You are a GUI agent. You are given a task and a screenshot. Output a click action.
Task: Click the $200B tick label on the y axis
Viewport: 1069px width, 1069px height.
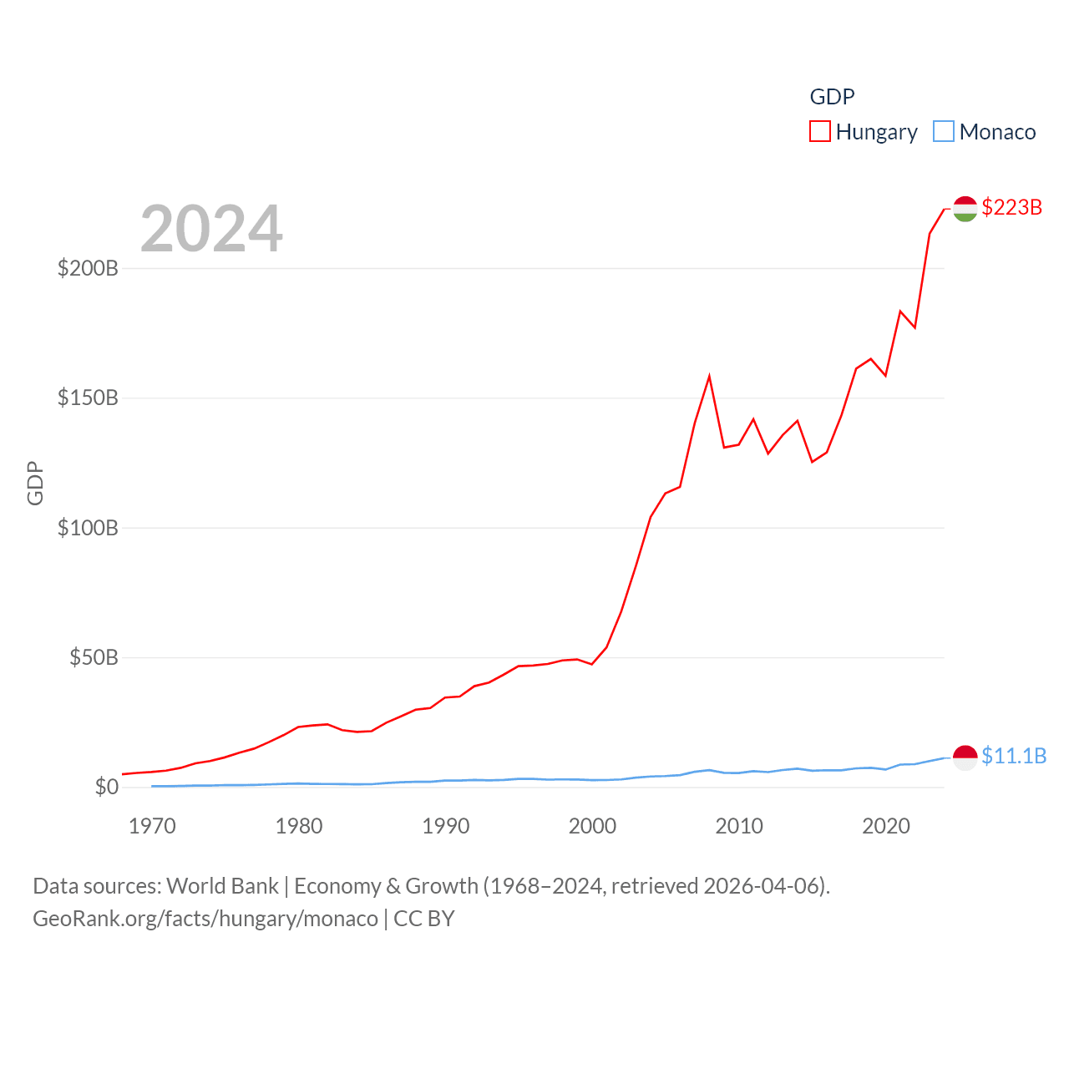[x=88, y=268]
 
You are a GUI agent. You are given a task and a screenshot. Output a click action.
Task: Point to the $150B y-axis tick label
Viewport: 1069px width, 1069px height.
[x=88, y=398]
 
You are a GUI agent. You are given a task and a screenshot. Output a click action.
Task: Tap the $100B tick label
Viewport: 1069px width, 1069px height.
[x=88, y=528]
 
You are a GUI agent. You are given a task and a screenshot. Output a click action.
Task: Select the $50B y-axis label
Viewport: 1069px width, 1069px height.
[x=94, y=657]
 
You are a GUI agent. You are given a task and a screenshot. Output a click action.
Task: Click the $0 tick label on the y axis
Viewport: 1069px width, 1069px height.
[x=106, y=787]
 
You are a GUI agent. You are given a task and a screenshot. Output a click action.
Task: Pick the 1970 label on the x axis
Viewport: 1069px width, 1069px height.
[x=152, y=826]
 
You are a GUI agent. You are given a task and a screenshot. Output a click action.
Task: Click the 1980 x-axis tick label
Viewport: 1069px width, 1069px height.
[x=299, y=826]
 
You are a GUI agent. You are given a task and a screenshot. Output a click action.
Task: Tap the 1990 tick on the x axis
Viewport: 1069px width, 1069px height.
[x=446, y=826]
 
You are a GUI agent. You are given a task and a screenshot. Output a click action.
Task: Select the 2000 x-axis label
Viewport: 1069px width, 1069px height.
[x=592, y=826]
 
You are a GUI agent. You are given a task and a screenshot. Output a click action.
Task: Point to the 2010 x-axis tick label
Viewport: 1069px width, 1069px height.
[x=739, y=826]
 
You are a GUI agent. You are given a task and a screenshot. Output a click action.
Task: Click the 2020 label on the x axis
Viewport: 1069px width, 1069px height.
[x=886, y=826]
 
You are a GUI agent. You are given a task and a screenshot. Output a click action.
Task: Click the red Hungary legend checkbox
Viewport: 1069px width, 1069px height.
[x=820, y=131]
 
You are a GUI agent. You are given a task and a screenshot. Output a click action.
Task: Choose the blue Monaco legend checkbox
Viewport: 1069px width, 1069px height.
[x=944, y=131]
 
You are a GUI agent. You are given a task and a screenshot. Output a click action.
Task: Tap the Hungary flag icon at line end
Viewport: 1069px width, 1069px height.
[x=965, y=209]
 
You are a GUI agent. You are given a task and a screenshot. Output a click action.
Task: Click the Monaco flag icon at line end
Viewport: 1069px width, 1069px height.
[x=965, y=757]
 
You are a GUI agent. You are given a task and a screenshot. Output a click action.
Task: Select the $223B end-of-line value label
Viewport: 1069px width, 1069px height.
[x=1012, y=207]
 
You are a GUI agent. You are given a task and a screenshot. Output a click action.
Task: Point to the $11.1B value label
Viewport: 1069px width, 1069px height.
[x=1014, y=756]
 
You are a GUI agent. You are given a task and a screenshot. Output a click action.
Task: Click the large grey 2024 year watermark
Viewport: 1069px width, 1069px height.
[x=211, y=229]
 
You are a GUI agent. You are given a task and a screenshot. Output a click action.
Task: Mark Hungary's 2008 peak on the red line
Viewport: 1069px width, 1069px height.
[x=709, y=377]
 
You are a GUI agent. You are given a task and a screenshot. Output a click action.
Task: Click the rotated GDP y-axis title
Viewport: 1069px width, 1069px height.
[x=35, y=483]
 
